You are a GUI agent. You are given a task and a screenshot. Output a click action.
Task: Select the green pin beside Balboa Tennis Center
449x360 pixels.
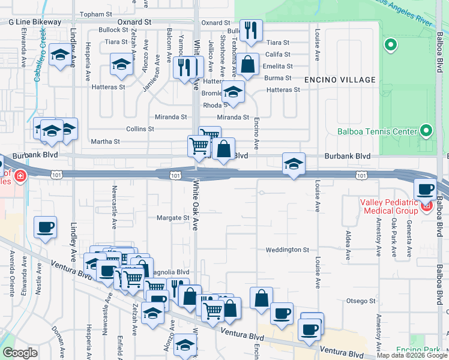(426, 130)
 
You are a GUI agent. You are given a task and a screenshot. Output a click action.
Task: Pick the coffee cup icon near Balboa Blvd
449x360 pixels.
(426, 189)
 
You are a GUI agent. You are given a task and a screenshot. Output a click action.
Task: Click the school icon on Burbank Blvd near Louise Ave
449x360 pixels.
(294, 163)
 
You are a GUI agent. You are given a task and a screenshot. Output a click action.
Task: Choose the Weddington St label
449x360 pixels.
(288, 250)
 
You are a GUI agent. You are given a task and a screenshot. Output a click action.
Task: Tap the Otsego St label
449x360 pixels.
(360, 301)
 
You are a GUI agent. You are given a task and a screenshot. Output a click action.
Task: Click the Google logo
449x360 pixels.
(20, 353)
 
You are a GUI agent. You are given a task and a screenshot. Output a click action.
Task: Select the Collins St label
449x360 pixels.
(140, 129)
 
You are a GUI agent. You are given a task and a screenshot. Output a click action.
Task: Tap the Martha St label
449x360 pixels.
(105, 142)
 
